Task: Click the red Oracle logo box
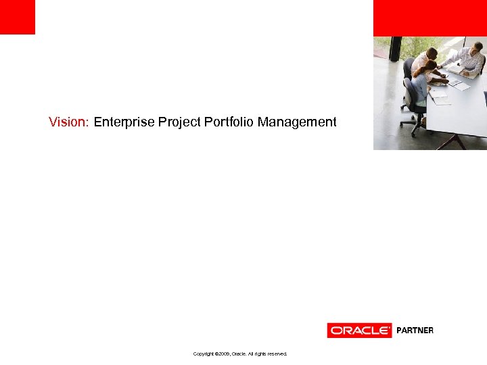pos(359,331)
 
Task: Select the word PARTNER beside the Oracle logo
pos(415,331)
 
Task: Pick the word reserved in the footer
pos(277,354)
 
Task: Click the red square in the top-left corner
pos(17,17)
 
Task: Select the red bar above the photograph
pos(430,18)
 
